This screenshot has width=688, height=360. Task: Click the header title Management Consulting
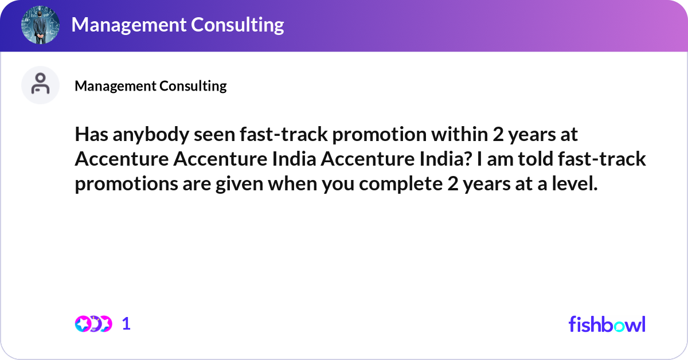178,25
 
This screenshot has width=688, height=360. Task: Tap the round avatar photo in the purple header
41,25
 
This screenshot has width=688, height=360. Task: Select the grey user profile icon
40,85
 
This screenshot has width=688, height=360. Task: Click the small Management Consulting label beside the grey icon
151,86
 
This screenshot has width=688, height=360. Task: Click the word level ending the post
573,184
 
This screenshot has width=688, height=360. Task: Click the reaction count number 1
127,324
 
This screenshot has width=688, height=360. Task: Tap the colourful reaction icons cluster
93,324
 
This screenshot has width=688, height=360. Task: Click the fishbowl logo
607,324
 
